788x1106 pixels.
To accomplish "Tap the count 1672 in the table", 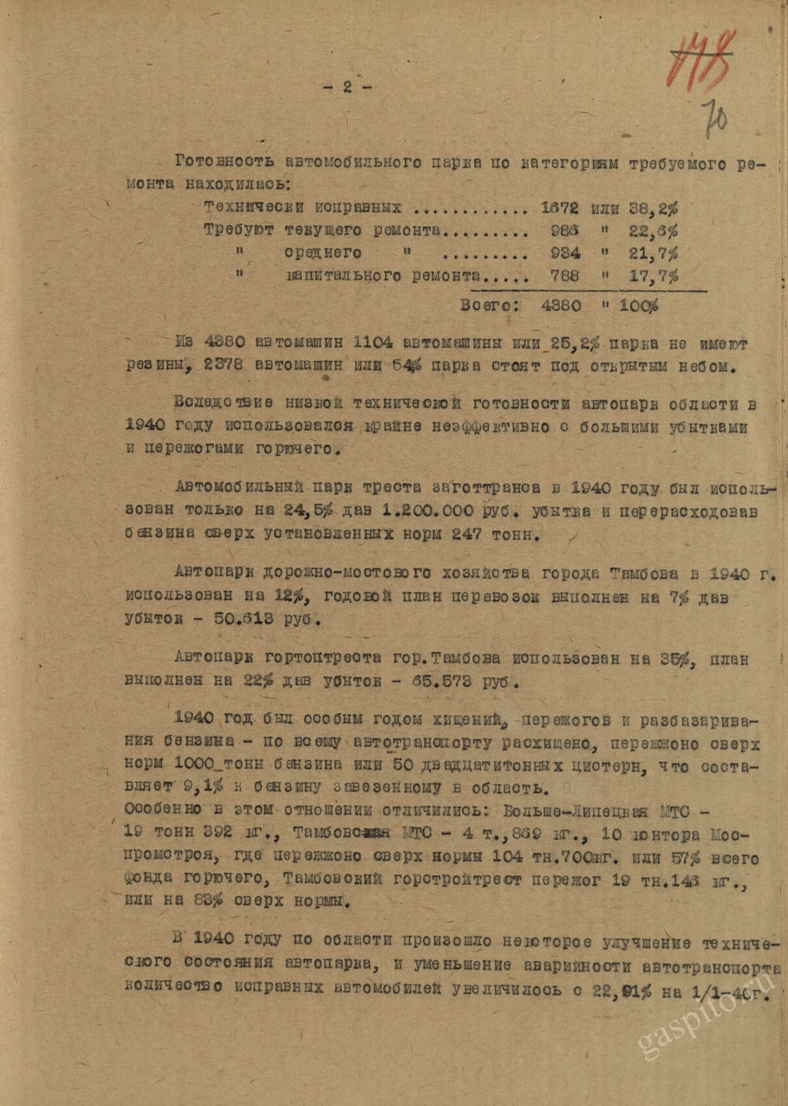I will pos(560,208).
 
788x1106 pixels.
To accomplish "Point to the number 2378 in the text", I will pos(224,366).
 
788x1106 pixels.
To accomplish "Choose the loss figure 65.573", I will pos(450,682).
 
